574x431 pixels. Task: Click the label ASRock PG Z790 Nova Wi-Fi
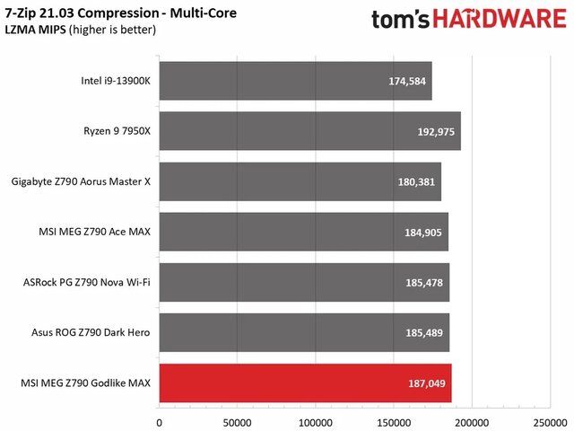coord(87,283)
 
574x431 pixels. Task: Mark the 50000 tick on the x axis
coord(237,421)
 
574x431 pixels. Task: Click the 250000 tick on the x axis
coord(550,421)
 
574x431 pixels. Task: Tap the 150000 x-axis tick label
coord(394,421)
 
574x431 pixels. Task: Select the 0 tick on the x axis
coord(159,421)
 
